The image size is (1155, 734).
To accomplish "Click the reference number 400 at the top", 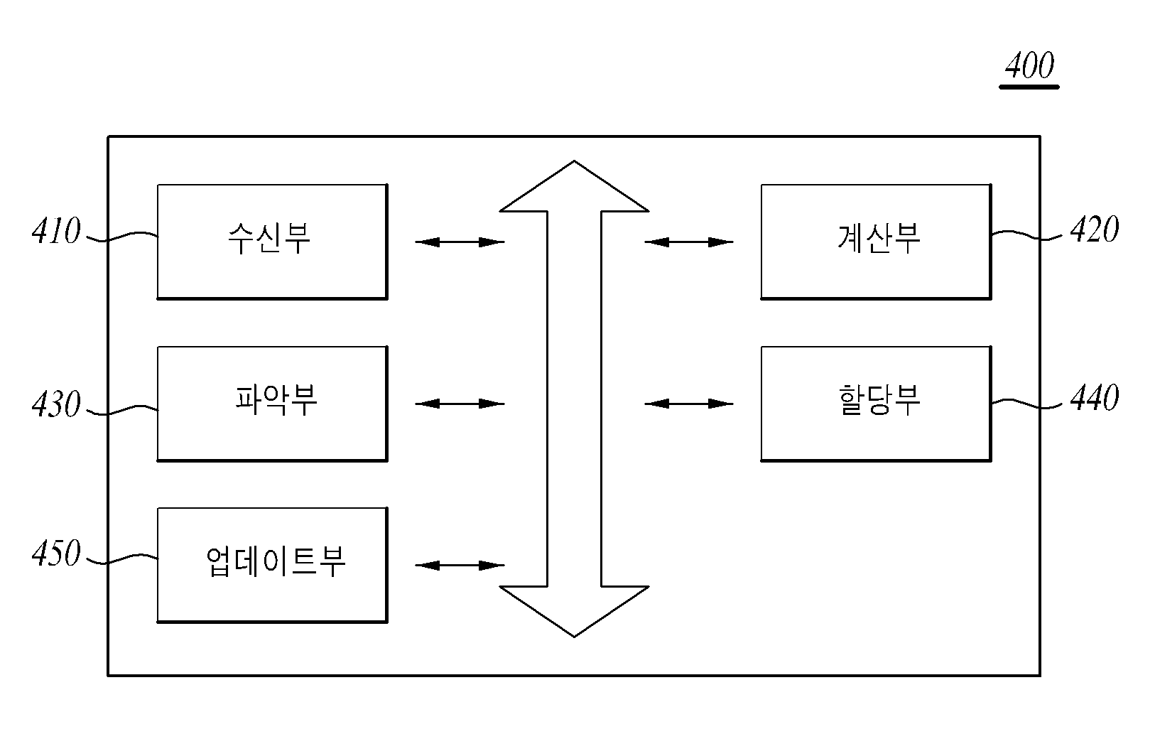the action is coord(1029,65).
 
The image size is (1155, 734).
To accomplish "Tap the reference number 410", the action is coord(56,230).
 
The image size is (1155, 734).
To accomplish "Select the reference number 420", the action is coord(1095,229).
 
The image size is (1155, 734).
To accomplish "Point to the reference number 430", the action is coord(56,404).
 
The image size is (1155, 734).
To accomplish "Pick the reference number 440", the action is coord(1095,398).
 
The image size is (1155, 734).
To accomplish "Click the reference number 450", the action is coord(56,553).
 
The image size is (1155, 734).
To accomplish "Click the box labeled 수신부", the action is coord(272,242).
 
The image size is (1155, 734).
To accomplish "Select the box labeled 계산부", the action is coord(876,242).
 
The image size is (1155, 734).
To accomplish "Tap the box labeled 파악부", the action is coord(272,404).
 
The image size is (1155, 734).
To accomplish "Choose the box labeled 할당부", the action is coord(876,404).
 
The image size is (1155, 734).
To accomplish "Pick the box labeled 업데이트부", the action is coord(272,565).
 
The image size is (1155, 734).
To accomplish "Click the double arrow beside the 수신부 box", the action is coord(460,242).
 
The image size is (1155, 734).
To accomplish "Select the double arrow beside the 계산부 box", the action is coord(689,242).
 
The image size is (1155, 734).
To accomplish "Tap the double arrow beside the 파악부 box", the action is coord(460,404).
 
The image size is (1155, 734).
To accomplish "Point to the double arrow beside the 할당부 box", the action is coord(689,404).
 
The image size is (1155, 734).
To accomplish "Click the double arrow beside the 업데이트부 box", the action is coord(460,566).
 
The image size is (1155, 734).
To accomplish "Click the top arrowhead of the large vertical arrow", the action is coord(574,161).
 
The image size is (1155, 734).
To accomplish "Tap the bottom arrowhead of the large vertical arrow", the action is coord(574,637).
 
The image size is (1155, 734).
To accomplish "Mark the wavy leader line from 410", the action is coord(122,237).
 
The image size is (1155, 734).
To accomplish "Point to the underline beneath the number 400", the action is coord(1029,87).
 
